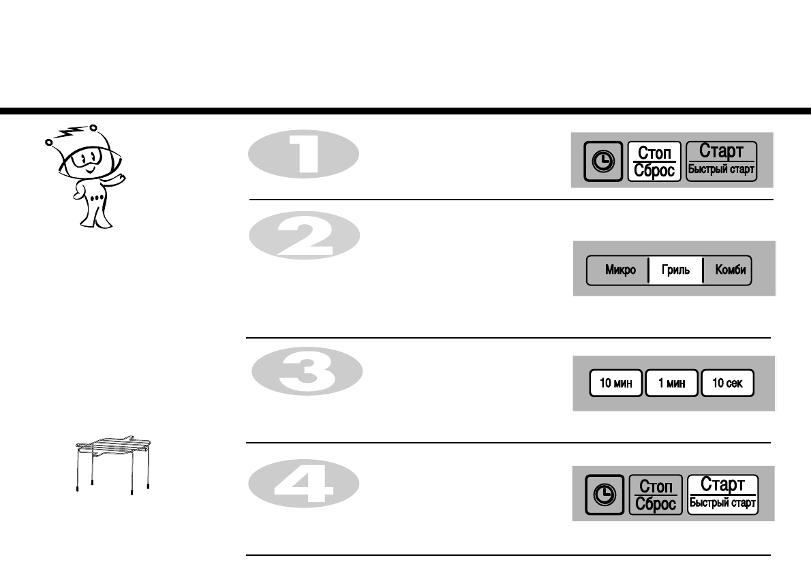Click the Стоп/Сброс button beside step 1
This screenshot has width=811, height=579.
coord(654,161)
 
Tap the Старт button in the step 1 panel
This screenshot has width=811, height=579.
coord(721,160)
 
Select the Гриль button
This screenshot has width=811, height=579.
coord(675,270)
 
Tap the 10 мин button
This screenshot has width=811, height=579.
coord(615,384)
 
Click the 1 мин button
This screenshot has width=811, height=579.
coord(671,384)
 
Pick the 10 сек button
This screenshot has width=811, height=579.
coord(727,384)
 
